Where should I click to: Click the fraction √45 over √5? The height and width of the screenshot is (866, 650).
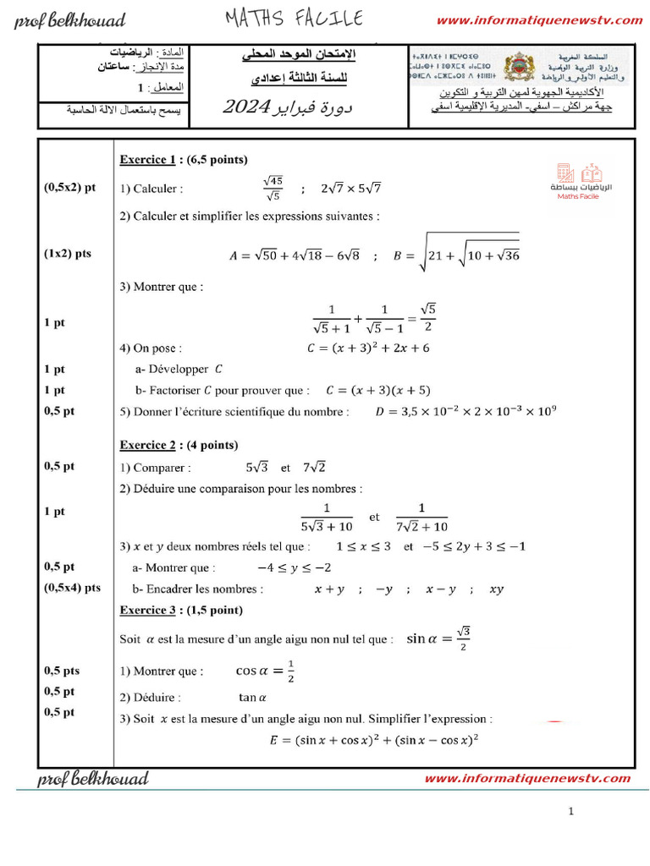[x=273, y=189]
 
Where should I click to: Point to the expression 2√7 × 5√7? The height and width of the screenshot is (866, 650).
[x=351, y=189]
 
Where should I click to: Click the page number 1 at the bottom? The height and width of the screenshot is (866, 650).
[x=571, y=812]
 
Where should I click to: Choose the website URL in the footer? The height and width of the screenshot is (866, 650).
[x=526, y=779]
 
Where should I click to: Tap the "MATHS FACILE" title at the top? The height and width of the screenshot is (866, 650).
[x=294, y=18]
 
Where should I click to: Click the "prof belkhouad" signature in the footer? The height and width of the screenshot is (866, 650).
[x=92, y=779]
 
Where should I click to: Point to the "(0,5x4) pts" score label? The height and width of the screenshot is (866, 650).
[x=72, y=588]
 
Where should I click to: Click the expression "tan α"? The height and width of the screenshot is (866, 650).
[x=252, y=698]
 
